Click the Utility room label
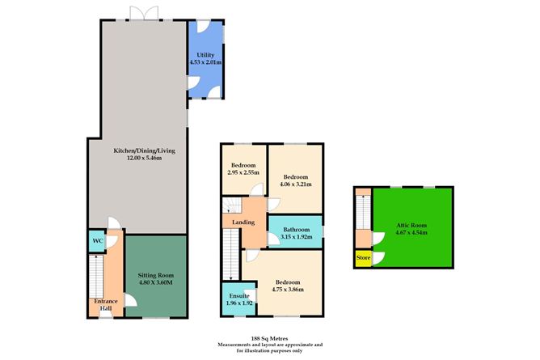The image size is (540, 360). pos(205,54)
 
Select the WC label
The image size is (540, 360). pos(97,241)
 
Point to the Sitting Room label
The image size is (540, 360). pos(155,276)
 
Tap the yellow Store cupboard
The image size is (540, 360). pos(363,258)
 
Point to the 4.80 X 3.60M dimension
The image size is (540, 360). pos(155,284)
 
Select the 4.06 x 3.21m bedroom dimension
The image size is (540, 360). pos(295,184)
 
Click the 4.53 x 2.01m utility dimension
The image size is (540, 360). pos(205,62)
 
